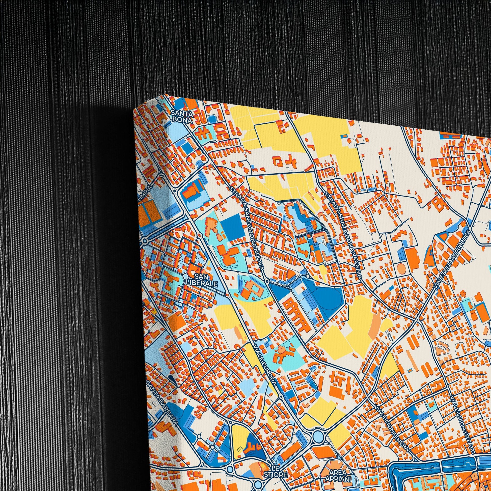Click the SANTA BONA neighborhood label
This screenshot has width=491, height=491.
[181, 116]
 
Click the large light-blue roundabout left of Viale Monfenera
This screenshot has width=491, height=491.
[318, 437]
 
